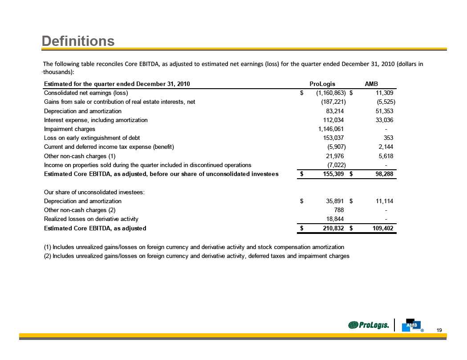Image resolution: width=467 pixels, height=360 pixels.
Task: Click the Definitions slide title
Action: [78, 41]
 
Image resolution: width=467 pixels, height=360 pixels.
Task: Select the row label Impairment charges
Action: [69, 129]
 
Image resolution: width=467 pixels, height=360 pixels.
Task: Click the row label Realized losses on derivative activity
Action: [91, 219]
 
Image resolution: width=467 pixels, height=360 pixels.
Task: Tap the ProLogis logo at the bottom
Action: [370, 325]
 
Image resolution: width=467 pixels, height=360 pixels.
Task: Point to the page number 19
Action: [439, 330]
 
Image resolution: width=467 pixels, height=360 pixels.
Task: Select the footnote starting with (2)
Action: [197, 256]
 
